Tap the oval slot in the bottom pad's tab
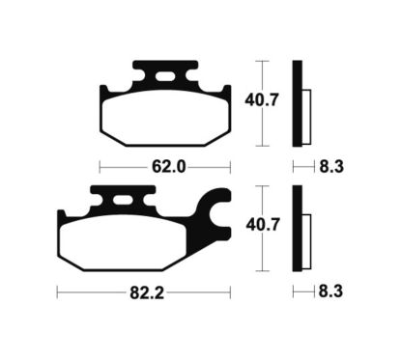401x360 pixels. (x=125, y=201)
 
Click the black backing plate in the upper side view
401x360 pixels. (x=298, y=102)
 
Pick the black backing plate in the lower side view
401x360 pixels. (x=298, y=228)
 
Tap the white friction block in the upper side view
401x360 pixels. (x=306, y=113)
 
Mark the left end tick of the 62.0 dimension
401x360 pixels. (x=100, y=166)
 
